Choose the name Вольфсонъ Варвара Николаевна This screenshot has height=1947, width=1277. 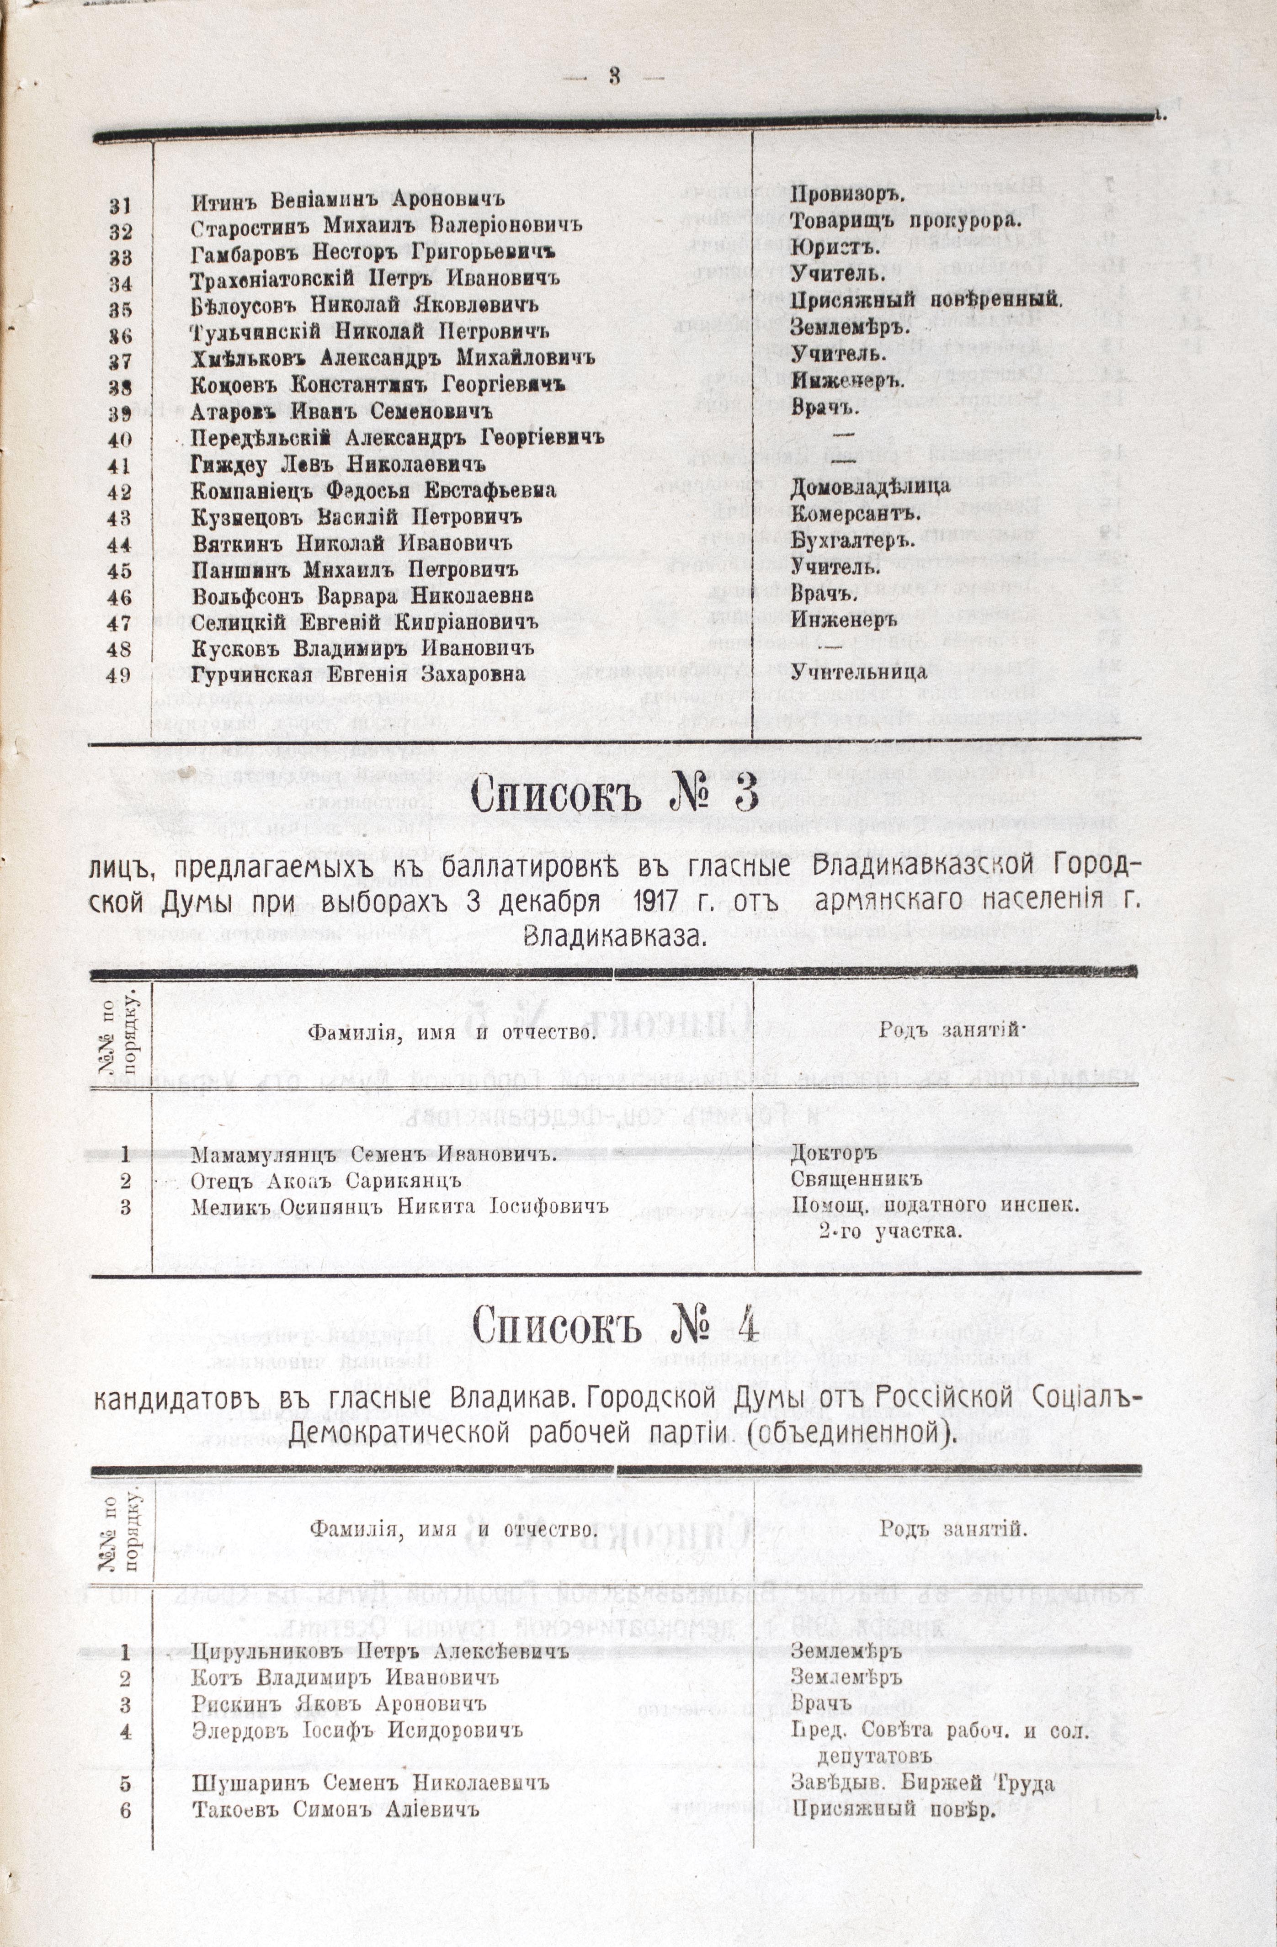pos(363,595)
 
